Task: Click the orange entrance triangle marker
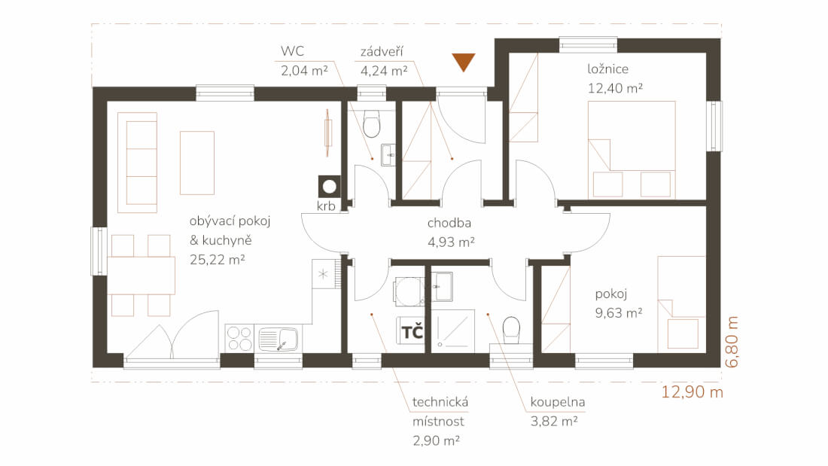coord(463,61)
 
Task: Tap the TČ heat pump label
coord(412,332)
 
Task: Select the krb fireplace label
coord(326,206)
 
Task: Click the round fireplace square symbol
coord(330,187)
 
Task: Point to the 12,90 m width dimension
coord(693,392)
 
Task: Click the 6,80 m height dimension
coord(732,342)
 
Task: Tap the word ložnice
coord(607,69)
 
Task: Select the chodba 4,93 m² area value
coord(451,242)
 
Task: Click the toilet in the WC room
coord(372,123)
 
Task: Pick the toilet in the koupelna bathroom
coord(511,330)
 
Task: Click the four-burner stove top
coord(239,338)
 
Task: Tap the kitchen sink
coord(279,339)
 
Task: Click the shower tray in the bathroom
coord(452,330)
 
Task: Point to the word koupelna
coord(558,402)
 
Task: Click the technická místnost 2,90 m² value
coord(436,440)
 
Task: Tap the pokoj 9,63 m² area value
coord(619,312)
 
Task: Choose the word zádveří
coord(382,51)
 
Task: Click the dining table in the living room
coord(141,276)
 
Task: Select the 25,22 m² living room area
coord(217,260)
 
